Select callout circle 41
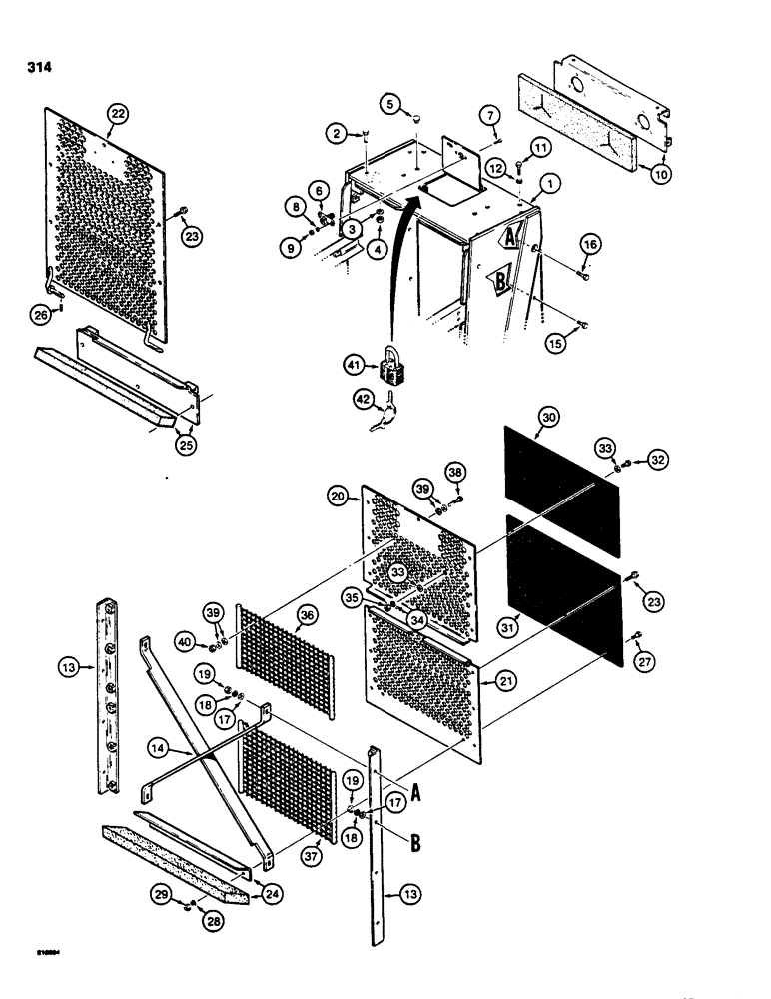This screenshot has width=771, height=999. click(352, 367)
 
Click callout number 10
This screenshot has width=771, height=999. click(663, 172)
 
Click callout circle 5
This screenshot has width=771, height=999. click(390, 103)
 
